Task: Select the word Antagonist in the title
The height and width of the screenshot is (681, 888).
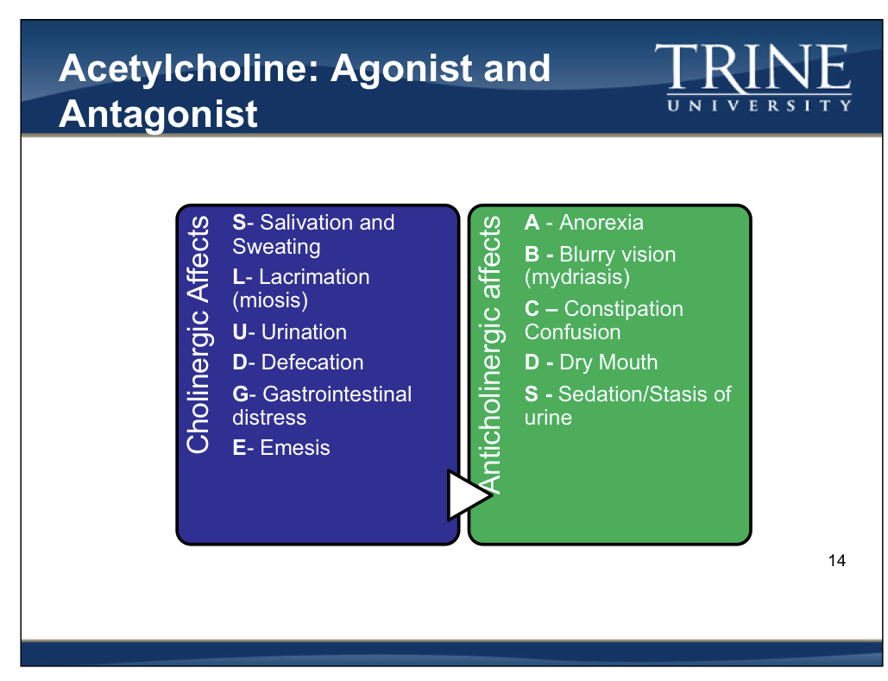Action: [159, 114]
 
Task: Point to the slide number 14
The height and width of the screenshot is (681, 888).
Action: [836, 561]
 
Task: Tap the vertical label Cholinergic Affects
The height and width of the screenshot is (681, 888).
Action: [198, 334]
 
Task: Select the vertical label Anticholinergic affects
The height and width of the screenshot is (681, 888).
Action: [489, 354]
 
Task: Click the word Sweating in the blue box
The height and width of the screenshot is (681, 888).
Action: [276, 247]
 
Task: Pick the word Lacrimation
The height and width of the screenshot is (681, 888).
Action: [314, 277]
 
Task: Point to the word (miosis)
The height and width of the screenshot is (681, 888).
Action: [270, 300]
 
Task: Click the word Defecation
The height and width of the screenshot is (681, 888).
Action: [312, 363]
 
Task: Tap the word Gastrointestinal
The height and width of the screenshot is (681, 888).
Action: [337, 394]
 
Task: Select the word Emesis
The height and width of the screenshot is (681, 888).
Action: [295, 448]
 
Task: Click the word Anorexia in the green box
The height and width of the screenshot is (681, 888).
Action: [601, 223]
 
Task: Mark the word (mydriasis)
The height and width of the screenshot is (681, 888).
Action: [577, 277]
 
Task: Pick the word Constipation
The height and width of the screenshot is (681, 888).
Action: [623, 309]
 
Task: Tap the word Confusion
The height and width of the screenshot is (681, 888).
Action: [572, 332]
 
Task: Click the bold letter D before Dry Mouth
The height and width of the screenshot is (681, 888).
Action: [532, 363]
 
